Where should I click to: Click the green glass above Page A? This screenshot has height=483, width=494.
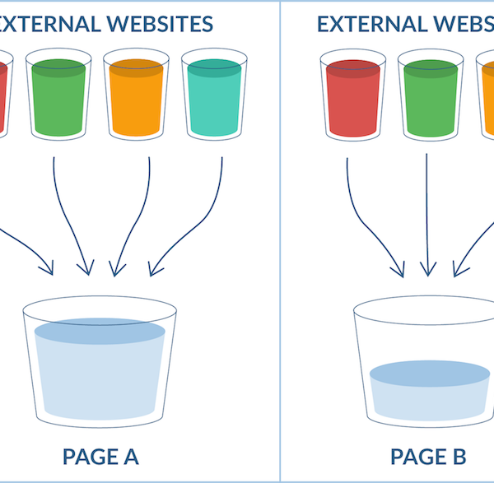(x=59, y=96)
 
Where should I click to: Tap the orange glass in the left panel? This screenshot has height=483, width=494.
(x=136, y=96)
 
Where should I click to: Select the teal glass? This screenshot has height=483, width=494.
(x=213, y=96)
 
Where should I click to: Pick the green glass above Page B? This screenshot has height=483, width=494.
(x=428, y=96)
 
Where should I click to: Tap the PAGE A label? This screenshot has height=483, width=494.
(x=100, y=456)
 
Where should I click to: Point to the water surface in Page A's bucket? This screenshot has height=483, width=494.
(x=100, y=331)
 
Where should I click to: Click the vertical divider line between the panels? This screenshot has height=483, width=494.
(x=280, y=247)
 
